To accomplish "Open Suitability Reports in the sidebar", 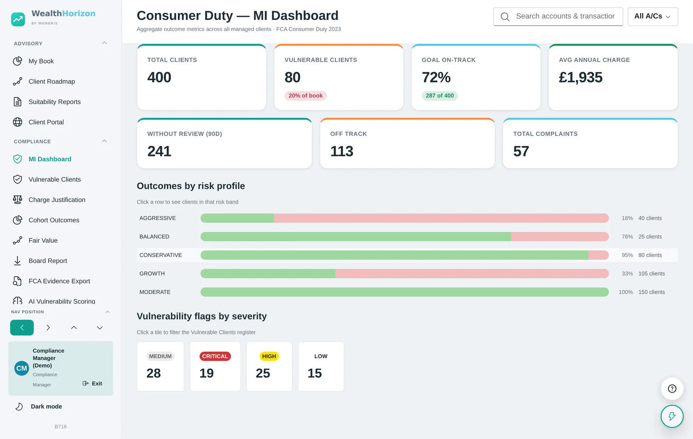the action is pyautogui.click(x=54, y=102).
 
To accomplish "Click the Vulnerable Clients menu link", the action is pyautogui.click(x=54, y=179).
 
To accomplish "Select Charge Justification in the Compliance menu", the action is pyautogui.click(x=57, y=200).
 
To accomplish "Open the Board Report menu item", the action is pyautogui.click(x=48, y=261).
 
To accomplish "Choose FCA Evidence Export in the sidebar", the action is pyautogui.click(x=59, y=281).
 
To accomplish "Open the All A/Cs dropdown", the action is pyautogui.click(x=653, y=17).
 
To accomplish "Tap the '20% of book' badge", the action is pyautogui.click(x=306, y=96).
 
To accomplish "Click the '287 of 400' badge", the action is pyautogui.click(x=440, y=96).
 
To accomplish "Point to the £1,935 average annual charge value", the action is pyautogui.click(x=581, y=77).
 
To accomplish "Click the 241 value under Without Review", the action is pyautogui.click(x=159, y=151).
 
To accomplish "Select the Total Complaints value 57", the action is pyautogui.click(x=521, y=151).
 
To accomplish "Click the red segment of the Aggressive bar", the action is pyautogui.click(x=441, y=218).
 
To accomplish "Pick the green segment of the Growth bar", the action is pyautogui.click(x=268, y=273).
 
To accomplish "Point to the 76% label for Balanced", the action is pyautogui.click(x=627, y=236).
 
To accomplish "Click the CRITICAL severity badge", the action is pyautogui.click(x=215, y=356).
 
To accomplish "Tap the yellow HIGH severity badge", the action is pyautogui.click(x=269, y=356).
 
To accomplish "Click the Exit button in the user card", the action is pyautogui.click(x=92, y=384).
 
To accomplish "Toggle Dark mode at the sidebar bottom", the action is pyautogui.click(x=38, y=407).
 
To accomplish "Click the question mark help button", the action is pyautogui.click(x=672, y=389).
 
